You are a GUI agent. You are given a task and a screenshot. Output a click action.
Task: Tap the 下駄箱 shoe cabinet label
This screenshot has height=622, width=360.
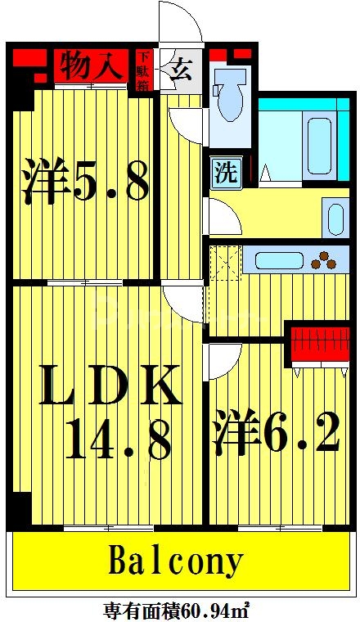pyautogui.click(x=144, y=70)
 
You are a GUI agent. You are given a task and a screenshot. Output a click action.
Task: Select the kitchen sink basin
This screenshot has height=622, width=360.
pyautogui.click(x=279, y=261)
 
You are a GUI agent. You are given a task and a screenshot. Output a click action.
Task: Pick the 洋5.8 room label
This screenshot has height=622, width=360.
pyautogui.click(x=85, y=183)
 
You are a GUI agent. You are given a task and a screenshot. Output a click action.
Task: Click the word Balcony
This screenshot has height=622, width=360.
pyautogui.click(x=176, y=562)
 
